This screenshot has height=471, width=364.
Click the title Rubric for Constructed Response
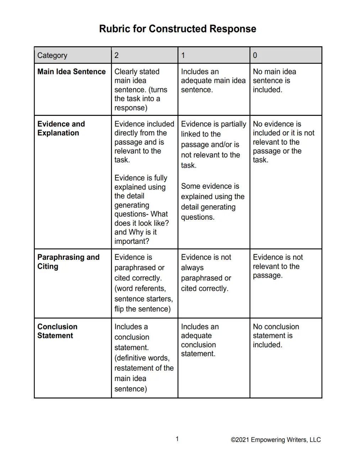[177, 29]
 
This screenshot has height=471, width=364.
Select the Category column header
[52, 55]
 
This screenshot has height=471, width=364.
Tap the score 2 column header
[117, 55]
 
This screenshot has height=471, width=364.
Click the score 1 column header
[183, 55]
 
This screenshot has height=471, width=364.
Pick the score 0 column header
[255, 55]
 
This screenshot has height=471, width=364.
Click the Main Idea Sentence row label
[71, 72]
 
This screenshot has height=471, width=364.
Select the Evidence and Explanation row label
[61, 128]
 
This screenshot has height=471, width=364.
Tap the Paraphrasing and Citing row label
[68, 262]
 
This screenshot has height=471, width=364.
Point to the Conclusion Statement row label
[57, 331]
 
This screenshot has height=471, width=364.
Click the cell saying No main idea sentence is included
[274, 81]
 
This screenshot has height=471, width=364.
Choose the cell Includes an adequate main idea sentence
[213, 81]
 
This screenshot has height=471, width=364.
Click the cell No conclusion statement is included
[276, 336]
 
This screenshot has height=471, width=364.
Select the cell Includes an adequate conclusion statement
[199, 340]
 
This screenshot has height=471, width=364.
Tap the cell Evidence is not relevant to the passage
[278, 266]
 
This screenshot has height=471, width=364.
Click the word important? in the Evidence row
[132, 241]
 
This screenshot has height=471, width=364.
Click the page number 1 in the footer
[177, 439]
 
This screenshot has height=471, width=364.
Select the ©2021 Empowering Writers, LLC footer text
[275, 440]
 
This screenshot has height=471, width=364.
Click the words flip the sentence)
[143, 309]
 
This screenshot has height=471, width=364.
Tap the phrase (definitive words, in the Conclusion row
[142, 358]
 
